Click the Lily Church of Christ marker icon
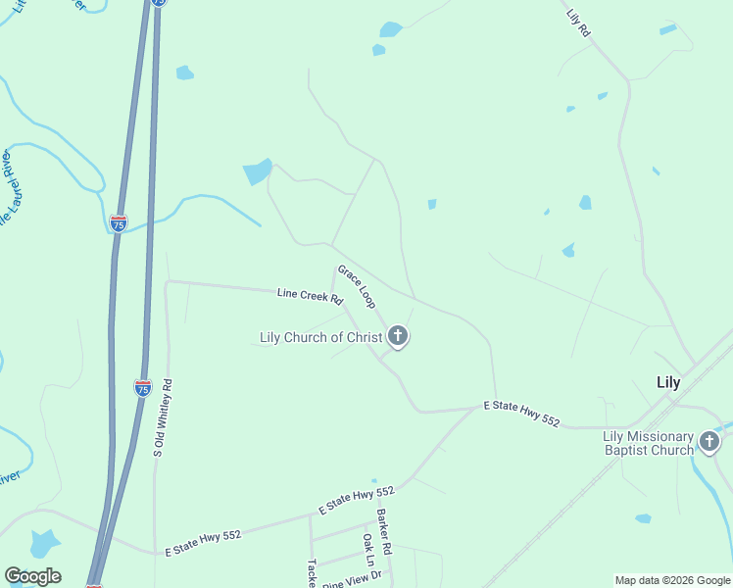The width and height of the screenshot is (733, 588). pos(397,337)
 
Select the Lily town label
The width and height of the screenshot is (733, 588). pos(668,382)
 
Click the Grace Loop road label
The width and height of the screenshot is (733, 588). pos(357,286)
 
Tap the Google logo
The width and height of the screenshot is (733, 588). pos(32,576)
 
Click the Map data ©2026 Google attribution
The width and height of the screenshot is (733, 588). pos(671,580)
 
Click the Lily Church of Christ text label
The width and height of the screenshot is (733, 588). pos(320,337)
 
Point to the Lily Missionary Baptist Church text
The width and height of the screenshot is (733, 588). pos(648,443)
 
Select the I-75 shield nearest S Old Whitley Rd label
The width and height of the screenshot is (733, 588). pos(143,387)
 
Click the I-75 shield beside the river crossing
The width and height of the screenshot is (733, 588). pos(118,223)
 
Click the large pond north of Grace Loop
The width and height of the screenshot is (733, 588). pos(258,171)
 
